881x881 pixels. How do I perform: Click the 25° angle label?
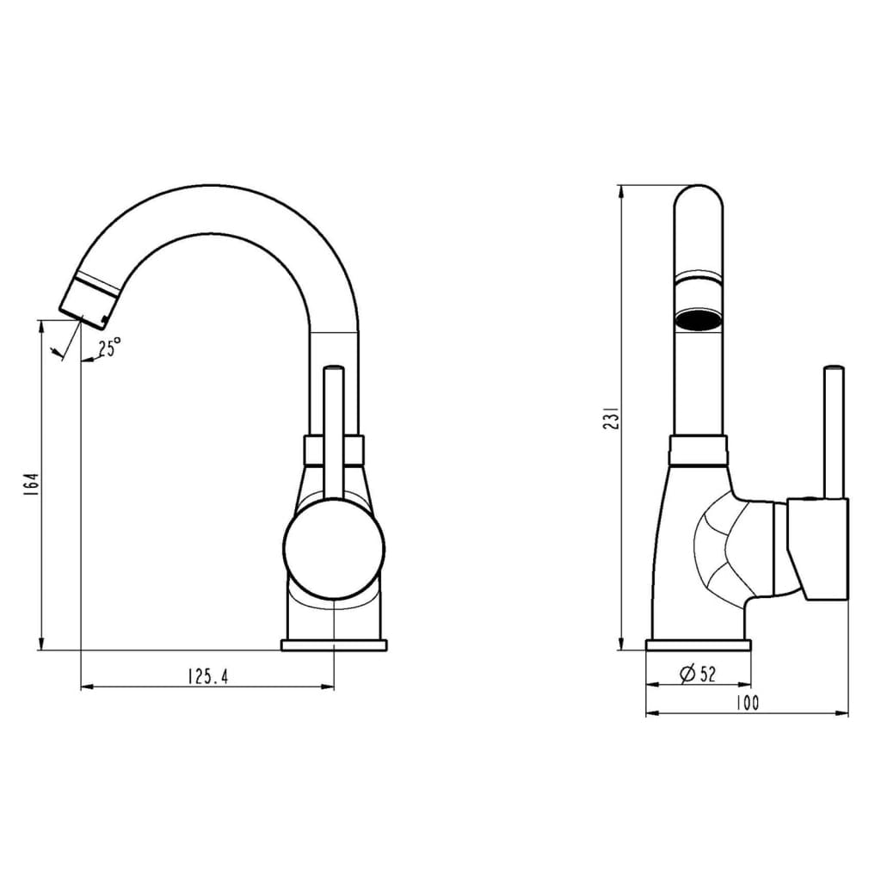pyautogui.click(x=109, y=348)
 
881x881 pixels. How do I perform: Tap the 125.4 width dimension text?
pyautogui.click(x=207, y=676)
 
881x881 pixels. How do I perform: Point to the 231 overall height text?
pyautogui.click(x=609, y=418)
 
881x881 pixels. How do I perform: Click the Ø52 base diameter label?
pyautogui.click(x=698, y=674)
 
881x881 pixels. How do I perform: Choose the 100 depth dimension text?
pyautogui.click(x=747, y=703)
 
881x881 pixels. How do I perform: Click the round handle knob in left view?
pyautogui.click(x=334, y=546)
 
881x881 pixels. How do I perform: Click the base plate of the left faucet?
pyautogui.click(x=334, y=644)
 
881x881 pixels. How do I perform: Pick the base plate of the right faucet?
pyautogui.click(x=698, y=645)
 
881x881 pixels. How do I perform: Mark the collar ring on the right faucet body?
pyautogui.click(x=698, y=450)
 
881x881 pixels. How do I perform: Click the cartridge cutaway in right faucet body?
pyautogui.click(x=718, y=546)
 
